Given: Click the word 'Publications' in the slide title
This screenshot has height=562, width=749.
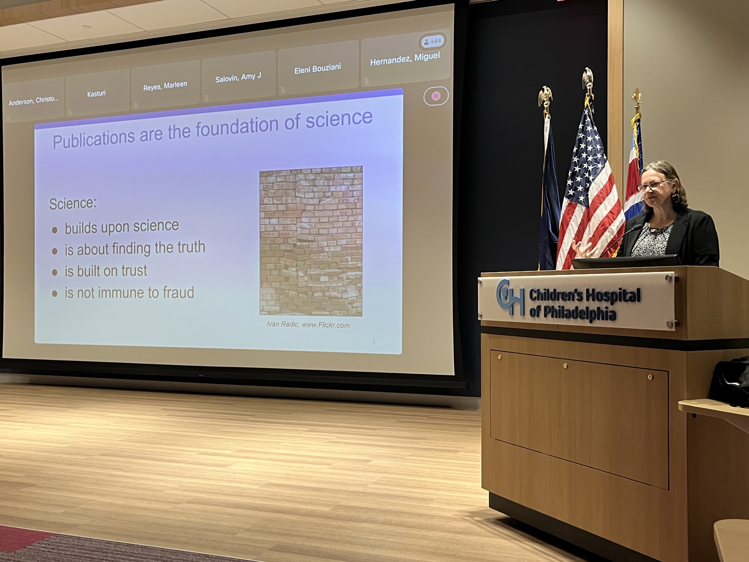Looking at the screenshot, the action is [94, 139].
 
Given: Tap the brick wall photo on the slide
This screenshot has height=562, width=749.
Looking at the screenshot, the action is [311, 241].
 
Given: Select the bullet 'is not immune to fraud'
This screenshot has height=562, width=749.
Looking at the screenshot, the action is [129, 293].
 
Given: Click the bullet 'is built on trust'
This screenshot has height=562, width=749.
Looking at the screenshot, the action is [106, 271].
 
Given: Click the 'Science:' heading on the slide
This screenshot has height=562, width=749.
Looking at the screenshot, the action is [73, 203].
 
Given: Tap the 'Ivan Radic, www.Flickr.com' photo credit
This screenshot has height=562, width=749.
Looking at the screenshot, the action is [308, 324].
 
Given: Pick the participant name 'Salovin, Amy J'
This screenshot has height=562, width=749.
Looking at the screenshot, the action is [238, 78].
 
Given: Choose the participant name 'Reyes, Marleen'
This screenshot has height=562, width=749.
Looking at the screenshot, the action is [165, 86].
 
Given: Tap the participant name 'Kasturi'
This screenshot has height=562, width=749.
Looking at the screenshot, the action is [96, 93].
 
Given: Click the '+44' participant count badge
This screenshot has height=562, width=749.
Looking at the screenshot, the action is [433, 41].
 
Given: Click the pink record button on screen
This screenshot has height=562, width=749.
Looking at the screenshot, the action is [436, 96].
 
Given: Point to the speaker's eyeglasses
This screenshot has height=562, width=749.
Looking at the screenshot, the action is [653, 186].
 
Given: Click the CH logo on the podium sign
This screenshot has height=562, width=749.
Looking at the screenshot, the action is [510, 297].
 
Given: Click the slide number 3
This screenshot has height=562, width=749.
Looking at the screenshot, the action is [373, 342].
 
